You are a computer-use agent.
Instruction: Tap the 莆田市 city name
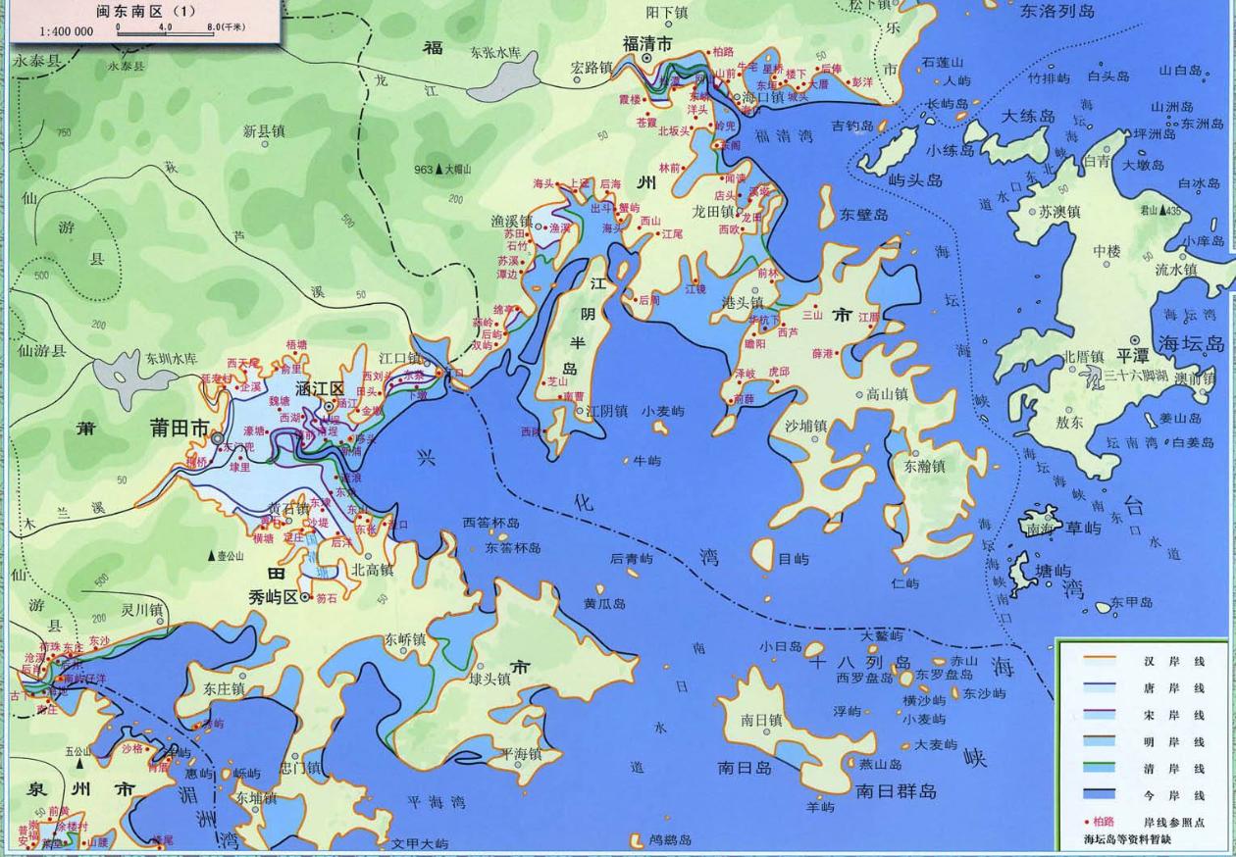(179, 428)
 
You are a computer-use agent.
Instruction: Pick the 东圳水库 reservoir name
(172, 358)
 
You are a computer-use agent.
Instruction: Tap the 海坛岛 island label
(1191, 344)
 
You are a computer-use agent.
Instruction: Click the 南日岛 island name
(745, 767)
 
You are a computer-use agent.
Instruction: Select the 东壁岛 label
(864, 215)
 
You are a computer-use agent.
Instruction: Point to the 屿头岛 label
(914, 180)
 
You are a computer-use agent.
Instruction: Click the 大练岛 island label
(1027, 117)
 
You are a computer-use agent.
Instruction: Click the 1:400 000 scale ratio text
(67, 31)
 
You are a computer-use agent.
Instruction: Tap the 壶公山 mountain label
(229, 556)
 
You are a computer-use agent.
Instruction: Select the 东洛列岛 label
(1056, 12)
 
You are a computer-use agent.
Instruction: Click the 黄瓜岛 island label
(603, 604)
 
